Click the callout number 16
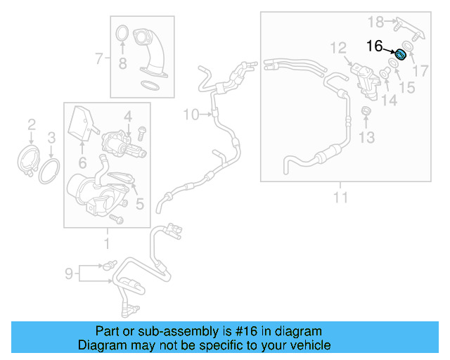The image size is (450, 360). (x=374, y=46)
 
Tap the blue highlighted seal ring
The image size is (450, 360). (x=401, y=55)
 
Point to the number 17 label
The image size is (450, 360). (x=420, y=70)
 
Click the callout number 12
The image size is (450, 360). (x=339, y=48)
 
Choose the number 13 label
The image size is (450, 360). (x=367, y=137)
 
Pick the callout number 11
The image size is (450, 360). (x=340, y=198)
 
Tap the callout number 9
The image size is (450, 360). (x=70, y=273)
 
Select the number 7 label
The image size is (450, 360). (x=99, y=59)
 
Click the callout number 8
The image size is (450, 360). (x=122, y=65)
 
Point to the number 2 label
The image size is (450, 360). (x=32, y=125)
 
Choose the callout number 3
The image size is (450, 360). (x=51, y=136)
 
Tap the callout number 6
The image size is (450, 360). (x=82, y=163)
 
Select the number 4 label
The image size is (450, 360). (x=127, y=115)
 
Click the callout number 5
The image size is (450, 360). (x=139, y=205)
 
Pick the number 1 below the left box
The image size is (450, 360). (x=107, y=244)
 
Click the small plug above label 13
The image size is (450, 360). (x=366, y=112)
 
